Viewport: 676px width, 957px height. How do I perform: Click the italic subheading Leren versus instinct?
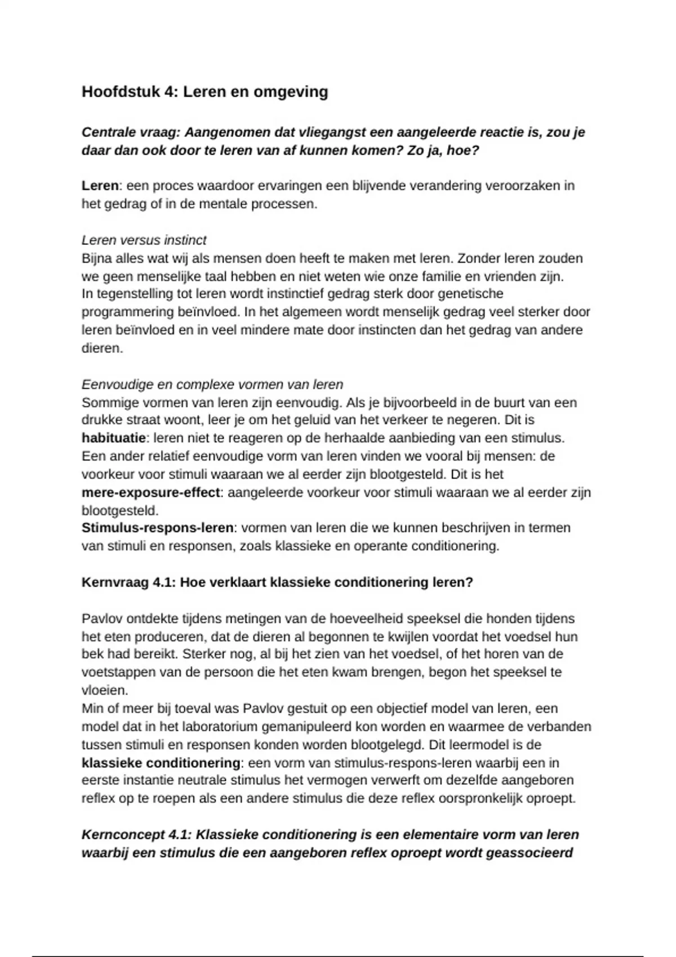point(144,240)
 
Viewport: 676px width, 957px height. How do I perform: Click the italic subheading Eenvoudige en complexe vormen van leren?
point(212,384)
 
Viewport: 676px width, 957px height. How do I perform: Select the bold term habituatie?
point(113,438)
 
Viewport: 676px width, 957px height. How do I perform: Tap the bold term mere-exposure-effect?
point(151,493)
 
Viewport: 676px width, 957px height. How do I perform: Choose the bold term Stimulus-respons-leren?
point(157,528)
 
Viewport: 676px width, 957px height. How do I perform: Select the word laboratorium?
point(213,726)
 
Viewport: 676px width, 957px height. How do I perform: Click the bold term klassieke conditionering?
point(161,763)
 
